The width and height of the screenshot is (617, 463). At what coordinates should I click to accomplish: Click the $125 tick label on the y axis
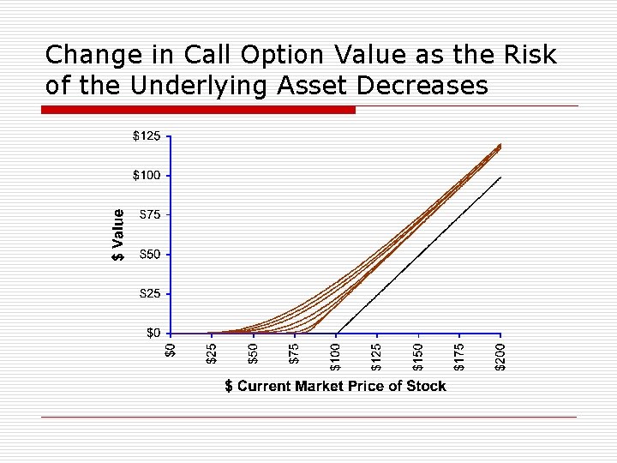coord(146,135)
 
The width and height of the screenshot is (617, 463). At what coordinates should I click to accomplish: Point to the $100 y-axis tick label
coord(146,176)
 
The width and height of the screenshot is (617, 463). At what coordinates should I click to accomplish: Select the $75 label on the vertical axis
coord(149,214)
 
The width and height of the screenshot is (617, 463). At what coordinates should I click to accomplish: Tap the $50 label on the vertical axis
coord(149,255)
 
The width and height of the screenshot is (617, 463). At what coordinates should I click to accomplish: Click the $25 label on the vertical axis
coord(149,294)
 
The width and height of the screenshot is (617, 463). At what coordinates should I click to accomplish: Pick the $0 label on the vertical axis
coord(153,333)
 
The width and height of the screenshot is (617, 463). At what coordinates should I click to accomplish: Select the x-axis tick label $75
coord(294,353)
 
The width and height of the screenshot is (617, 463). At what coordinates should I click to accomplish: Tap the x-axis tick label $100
coord(336,356)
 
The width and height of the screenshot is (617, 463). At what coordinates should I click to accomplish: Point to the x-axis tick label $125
coord(377,356)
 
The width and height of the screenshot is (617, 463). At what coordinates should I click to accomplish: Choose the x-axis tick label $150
coord(418,356)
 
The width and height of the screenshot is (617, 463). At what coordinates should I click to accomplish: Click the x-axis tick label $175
coord(460,356)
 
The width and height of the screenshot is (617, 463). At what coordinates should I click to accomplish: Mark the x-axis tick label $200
coord(501,356)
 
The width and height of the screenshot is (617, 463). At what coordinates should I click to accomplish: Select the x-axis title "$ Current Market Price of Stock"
coord(335,387)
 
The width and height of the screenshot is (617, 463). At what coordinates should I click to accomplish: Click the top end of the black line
coord(500,177)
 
